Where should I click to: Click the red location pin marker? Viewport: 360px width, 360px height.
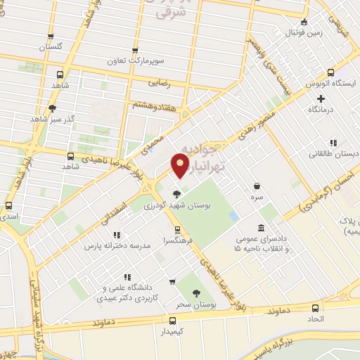(x=180, y=166)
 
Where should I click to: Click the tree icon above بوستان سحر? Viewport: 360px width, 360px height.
(x=196, y=293)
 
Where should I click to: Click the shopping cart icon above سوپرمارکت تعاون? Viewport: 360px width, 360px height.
(x=135, y=51)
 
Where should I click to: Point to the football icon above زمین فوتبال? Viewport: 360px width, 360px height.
(x=304, y=22)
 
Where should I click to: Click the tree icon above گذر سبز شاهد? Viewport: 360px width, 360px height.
(x=52, y=108)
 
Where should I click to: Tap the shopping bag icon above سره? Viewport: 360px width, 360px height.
(x=258, y=186)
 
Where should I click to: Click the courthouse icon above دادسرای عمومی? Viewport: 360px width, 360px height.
(x=261, y=229)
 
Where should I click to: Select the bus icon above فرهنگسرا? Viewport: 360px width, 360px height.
(x=181, y=230)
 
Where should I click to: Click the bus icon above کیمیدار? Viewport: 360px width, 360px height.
(x=175, y=321)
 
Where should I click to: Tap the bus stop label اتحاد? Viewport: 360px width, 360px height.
(x=316, y=319)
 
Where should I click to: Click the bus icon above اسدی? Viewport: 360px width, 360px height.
(x=8, y=206)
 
